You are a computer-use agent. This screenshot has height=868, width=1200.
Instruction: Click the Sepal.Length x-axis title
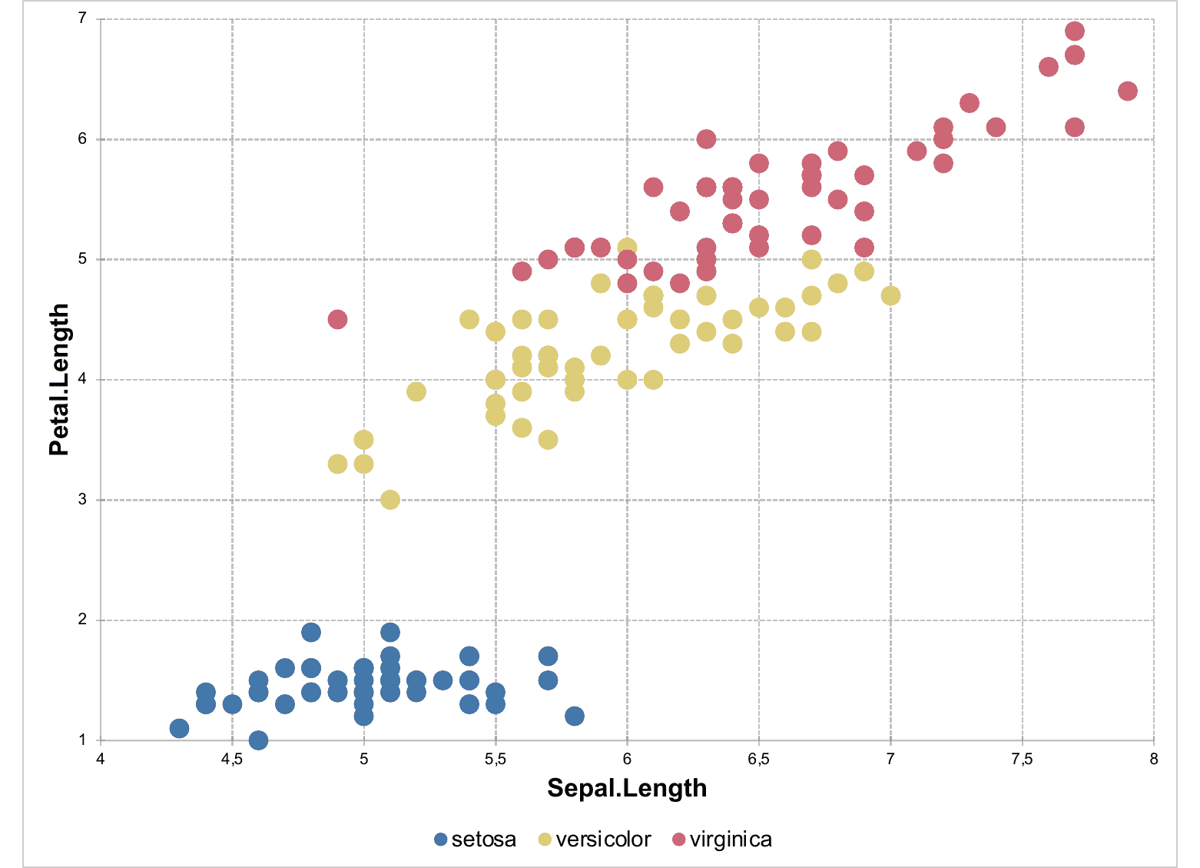(626, 788)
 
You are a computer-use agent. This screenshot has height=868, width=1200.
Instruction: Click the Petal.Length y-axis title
(59, 380)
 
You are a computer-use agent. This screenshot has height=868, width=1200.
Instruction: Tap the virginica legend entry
(721, 839)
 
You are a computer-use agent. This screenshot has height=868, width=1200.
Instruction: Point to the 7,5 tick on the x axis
(1022, 760)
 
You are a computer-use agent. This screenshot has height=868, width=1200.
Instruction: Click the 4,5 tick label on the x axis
(232, 760)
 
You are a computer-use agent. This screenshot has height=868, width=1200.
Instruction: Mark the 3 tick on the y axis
(81, 500)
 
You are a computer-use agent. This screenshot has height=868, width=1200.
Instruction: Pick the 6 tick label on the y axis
(81, 139)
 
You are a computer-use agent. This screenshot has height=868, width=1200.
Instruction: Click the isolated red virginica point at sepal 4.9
(337, 319)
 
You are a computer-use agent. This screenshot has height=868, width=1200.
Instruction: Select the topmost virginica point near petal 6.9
(1075, 32)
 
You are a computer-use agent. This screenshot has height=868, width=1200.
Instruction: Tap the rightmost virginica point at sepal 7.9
(1127, 91)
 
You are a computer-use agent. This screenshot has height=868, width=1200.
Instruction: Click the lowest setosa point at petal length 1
(259, 740)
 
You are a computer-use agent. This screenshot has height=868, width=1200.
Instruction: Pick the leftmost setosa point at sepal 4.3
(180, 728)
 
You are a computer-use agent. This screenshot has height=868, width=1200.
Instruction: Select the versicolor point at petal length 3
(390, 500)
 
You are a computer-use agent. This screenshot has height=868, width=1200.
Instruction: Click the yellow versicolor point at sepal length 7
(890, 295)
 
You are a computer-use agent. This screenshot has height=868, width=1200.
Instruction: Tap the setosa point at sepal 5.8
(575, 716)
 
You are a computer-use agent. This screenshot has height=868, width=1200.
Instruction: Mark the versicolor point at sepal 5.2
(416, 391)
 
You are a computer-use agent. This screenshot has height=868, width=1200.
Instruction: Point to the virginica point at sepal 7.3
(970, 103)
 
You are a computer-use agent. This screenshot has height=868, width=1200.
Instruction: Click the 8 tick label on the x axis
(1153, 760)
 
